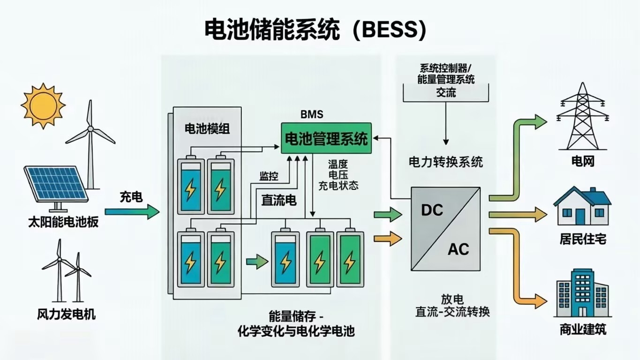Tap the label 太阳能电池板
click(x=63, y=221)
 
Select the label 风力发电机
click(x=66, y=314)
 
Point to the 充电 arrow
click(x=132, y=211)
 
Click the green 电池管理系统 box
click(x=326, y=139)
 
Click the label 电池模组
click(x=207, y=129)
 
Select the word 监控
click(x=269, y=176)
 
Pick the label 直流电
click(x=279, y=201)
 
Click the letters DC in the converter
click(x=432, y=210)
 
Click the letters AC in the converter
click(x=458, y=249)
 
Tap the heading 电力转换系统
click(x=445, y=162)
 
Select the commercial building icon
click(x=581, y=293)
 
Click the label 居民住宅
click(x=583, y=239)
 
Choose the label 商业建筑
click(x=583, y=329)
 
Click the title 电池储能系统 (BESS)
click(x=315, y=30)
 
